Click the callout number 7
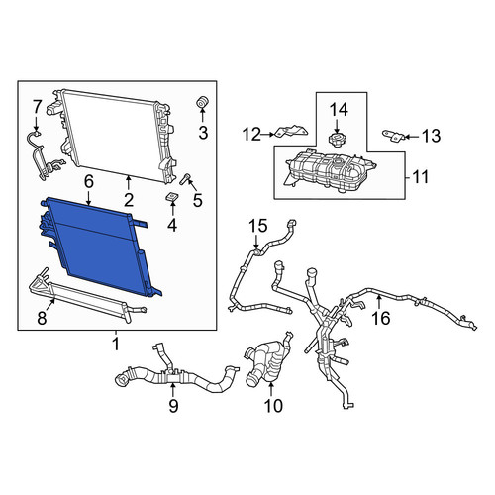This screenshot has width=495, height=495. click(x=37, y=107)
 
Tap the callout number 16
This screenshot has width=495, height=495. click(x=381, y=319)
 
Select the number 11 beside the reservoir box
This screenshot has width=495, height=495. click(x=420, y=176)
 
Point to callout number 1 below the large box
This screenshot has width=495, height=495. click(x=116, y=345)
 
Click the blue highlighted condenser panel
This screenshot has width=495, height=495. click(x=99, y=245)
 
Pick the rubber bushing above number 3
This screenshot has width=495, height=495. click(x=203, y=102)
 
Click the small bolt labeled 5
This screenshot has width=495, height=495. click(x=184, y=178)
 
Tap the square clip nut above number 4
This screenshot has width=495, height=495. click(x=172, y=196)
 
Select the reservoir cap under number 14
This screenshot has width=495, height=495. click(x=337, y=139)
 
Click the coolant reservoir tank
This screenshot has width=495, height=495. click(x=331, y=171)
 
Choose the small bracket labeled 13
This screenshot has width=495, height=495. click(x=393, y=136)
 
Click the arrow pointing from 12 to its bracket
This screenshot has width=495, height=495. click(x=267, y=135)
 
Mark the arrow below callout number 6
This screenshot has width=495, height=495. click(x=88, y=199)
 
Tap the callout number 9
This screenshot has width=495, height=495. click(x=173, y=406)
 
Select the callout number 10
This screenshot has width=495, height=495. click(x=273, y=406)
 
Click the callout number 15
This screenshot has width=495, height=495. click(x=258, y=227)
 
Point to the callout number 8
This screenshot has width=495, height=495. click(x=42, y=319)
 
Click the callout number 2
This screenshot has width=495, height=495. click(x=128, y=200)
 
